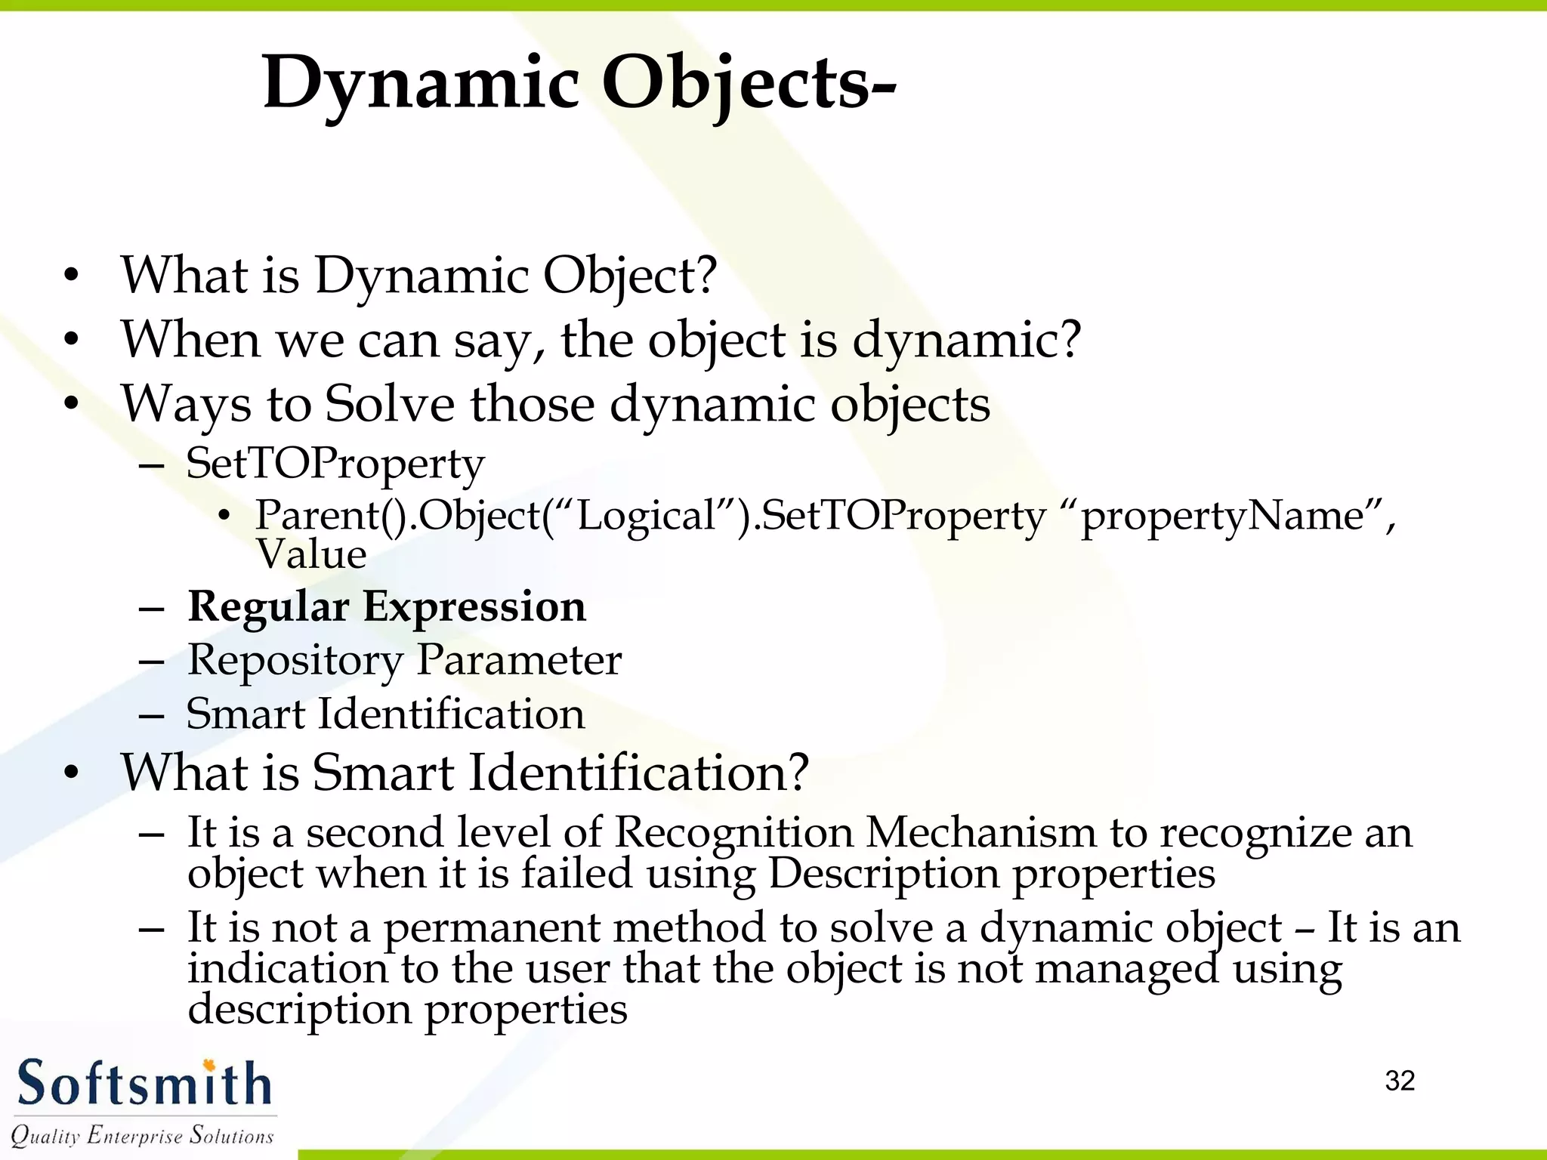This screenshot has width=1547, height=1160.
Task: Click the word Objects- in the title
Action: tap(748, 83)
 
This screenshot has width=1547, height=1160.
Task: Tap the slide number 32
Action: tap(1400, 1081)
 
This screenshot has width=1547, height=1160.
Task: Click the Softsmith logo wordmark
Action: tap(144, 1084)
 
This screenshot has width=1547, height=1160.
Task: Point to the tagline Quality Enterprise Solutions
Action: tap(142, 1135)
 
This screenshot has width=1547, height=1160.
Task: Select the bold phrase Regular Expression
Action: tap(387, 606)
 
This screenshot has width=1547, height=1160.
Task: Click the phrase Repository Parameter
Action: tap(404, 659)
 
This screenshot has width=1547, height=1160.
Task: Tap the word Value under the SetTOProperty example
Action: tap(311, 554)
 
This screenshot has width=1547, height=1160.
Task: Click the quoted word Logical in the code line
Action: tap(646, 516)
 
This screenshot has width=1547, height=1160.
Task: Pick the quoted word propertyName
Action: tap(1222, 516)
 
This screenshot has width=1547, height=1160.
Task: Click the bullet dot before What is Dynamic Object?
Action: tap(71, 276)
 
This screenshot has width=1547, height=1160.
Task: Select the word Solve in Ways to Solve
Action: tap(390, 404)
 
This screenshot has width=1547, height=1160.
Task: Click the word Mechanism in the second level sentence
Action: tap(980, 832)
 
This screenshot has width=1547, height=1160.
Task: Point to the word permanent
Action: tap(491, 927)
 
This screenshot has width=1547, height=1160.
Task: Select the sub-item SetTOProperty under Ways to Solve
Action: tap(335, 464)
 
